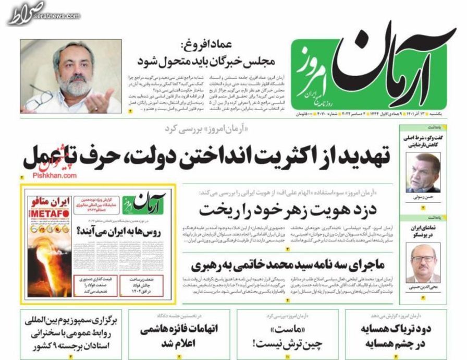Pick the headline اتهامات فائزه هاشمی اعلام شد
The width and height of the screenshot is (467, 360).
coord(179,336)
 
